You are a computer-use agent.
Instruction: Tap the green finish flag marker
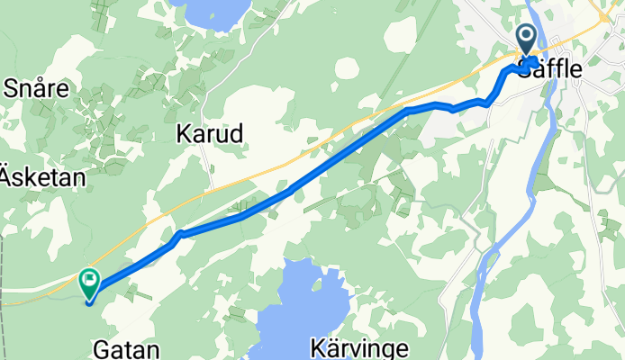pyautogui.click(x=90, y=283)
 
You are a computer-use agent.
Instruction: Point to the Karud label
pyautogui.click(x=209, y=135)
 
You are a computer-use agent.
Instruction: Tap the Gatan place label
pyautogui.click(x=127, y=348)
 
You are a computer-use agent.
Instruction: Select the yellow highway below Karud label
pyautogui.click(x=234, y=180)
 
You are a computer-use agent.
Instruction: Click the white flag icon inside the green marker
pyautogui.click(x=90, y=280)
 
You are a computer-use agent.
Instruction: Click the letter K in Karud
pyautogui.click(x=182, y=135)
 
